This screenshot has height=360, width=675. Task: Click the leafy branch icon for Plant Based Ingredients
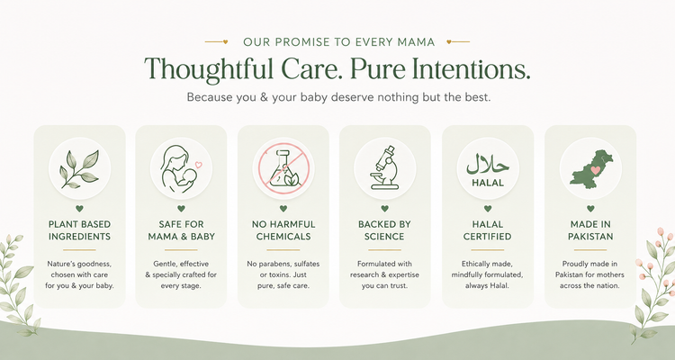coord(79,169)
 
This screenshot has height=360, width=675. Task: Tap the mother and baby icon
coord(177,169)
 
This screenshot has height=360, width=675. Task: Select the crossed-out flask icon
coord(283,168)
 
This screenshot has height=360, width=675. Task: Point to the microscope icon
coord(384,167)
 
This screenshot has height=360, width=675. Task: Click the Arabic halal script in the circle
coord(488,164)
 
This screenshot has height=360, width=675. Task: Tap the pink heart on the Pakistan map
coord(596,170)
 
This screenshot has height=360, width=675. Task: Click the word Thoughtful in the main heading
coord(209,69)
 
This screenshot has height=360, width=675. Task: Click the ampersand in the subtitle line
coord(265,97)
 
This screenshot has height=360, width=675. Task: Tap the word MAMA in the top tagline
coord(416,42)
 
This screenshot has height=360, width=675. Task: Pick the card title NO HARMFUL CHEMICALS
coord(283,230)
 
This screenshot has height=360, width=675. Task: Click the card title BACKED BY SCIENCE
coord(384,230)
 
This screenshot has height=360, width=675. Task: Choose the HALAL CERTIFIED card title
coord(487,230)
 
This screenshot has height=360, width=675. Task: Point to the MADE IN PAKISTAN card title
coord(590,230)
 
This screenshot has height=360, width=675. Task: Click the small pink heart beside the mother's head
coord(199,165)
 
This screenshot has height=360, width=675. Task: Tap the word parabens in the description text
coord(274,264)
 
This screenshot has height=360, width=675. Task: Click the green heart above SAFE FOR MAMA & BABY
coord(181,209)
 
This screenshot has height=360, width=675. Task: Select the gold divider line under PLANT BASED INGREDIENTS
coord(79,250)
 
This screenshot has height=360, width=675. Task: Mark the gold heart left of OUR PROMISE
coord(225,41)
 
